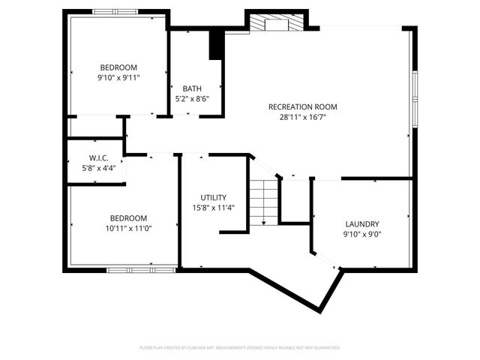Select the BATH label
192,88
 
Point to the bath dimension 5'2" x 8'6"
192,98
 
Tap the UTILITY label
213,197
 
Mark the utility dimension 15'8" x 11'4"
213,208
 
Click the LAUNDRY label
361,223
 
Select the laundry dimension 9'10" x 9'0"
361,233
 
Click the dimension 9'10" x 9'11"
118,77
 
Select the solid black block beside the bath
217,43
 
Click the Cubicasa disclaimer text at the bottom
240,348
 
